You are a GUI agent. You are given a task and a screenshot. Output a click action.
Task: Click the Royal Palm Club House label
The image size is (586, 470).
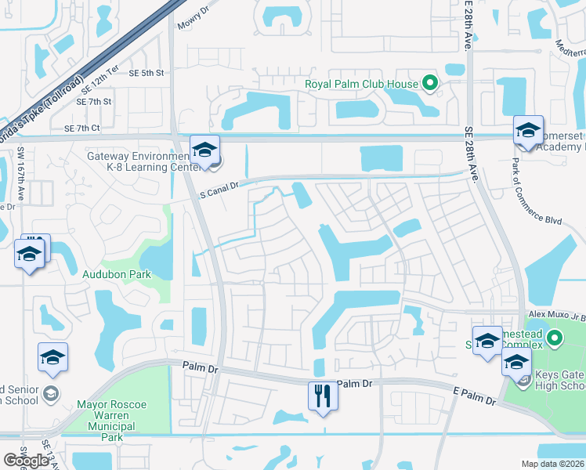(361, 81)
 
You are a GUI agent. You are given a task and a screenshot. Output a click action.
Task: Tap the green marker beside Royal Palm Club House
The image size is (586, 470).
(429, 81)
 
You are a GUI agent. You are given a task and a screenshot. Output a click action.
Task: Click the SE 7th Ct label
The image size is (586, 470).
(82, 128)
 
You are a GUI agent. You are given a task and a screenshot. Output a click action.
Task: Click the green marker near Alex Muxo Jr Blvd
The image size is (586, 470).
(555, 339)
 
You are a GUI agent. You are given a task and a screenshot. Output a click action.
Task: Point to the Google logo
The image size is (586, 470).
(26, 461)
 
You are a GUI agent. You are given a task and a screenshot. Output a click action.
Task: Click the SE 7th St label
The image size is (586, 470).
(94, 102)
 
